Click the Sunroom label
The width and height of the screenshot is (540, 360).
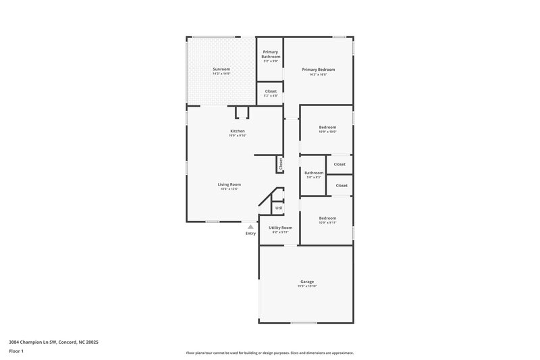click(221, 69)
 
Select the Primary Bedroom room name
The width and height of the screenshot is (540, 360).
click(318, 70)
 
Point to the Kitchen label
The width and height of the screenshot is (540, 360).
click(237, 131)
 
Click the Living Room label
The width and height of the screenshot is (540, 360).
click(229, 184)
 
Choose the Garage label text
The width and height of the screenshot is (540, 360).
click(307, 282)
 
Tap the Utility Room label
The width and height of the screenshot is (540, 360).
click(280, 228)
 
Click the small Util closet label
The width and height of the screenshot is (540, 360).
click(278, 208)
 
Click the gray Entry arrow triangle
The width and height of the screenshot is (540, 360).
click(250, 227)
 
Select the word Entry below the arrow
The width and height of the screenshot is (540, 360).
click(250, 234)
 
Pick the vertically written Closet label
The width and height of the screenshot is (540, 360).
click(281, 163)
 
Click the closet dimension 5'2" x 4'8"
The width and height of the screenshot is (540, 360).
click(270, 96)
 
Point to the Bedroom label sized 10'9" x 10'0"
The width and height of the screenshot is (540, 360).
click(327, 127)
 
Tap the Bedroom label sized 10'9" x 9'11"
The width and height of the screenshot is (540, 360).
click(327, 218)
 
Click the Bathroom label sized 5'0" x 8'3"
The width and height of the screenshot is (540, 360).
click(313, 173)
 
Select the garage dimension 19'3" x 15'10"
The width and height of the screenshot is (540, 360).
click(307, 286)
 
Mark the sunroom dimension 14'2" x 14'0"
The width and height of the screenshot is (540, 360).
click(221, 74)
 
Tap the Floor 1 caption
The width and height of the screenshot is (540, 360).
click(16, 352)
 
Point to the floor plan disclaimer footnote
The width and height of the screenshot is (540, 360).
click(270, 353)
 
